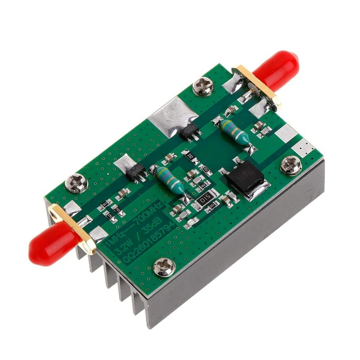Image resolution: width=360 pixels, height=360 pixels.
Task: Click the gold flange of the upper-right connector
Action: coord(258,87)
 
